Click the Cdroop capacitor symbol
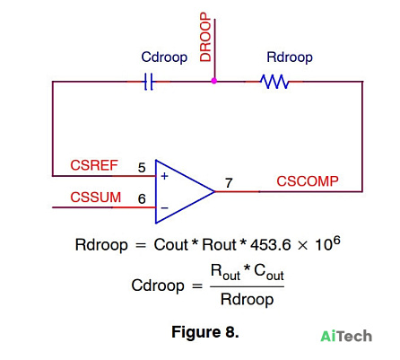pyautogui.click(x=149, y=82)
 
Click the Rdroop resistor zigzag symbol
pyautogui.click(x=274, y=82)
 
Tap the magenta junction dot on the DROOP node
pyautogui.click(x=214, y=81)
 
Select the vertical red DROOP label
pyautogui.click(x=205, y=37)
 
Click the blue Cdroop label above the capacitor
pyautogui.click(x=164, y=57)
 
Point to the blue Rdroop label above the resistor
pyautogui.click(x=290, y=57)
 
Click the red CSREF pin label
pyautogui.click(x=94, y=165)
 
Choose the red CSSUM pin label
pyautogui.click(x=96, y=198)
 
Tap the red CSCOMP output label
pyautogui.click(x=308, y=181)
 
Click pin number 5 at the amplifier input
pyautogui.click(x=142, y=168)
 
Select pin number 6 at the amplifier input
pyautogui.click(x=142, y=199)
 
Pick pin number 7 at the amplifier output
pyautogui.click(x=229, y=183)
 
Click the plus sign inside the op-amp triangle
pyautogui.click(x=164, y=176)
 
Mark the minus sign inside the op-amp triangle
pyautogui.click(x=165, y=207)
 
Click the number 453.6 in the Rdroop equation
pyautogui.click(x=271, y=245)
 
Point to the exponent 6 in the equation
pyautogui.click(x=336, y=241)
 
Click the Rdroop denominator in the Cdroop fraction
pyautogui.click(x=247, y=299)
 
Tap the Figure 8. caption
pyautogui.click(x=205, y=332)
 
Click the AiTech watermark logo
pyautogui.click(x=346, y=336)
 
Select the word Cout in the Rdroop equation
pyautogui.click(x=171, y=245)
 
